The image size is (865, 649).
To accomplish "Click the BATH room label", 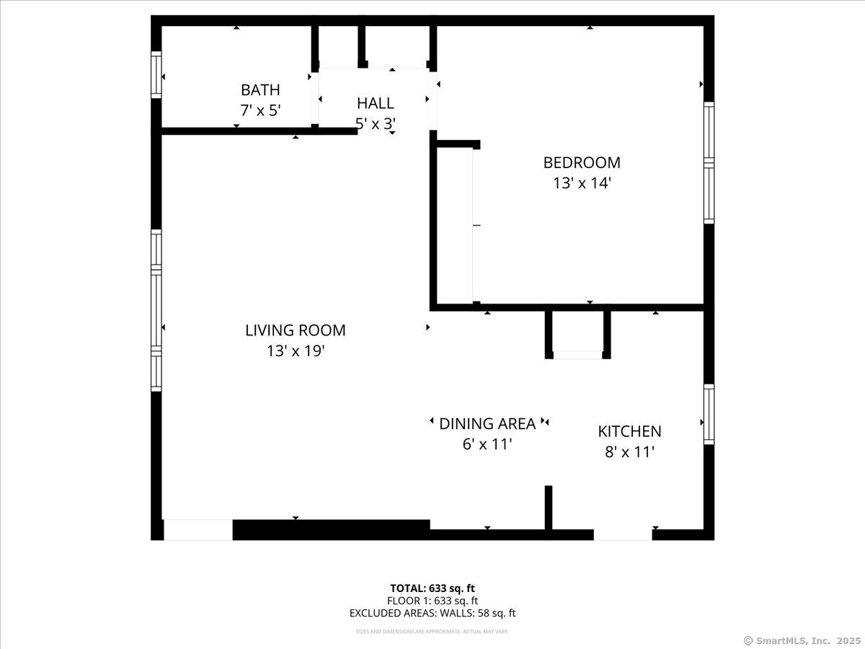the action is (x=260, y=90).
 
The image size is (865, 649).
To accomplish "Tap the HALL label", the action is (x=375, y=103).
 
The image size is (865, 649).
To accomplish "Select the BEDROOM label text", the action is (x=582, y=163).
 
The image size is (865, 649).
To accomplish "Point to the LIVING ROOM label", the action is (x=295, y=330).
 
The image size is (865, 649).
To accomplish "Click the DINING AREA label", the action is (x=487, y=424).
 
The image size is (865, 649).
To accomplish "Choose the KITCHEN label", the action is (x=629, y=431).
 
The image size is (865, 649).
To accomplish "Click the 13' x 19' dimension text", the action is (x=295, y=350).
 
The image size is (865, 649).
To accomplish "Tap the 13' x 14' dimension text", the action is (x=582, y=183).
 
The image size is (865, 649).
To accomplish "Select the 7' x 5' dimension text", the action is (x=260, y=110).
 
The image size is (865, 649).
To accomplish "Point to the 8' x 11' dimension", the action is (x=629, y=452).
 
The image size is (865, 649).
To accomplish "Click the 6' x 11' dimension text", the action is (x=487, y=444).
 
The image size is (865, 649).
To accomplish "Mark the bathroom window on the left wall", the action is (x=156, y=74).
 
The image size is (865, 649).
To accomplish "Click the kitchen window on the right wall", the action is (x=709, y=414).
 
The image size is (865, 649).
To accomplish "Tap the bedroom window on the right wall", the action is (x=709, y=163).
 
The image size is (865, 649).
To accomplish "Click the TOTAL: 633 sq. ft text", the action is (x=432, y=588).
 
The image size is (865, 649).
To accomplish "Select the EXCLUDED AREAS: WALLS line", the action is (x=432, y=613).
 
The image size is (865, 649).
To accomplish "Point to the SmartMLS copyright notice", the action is (x=802, y=641).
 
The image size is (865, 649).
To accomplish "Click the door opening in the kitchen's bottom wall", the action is (x=623, y=535).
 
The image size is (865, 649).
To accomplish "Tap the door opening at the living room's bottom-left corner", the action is (x=198, y=529).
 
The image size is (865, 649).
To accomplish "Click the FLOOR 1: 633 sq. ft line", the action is (x=432, y=601).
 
